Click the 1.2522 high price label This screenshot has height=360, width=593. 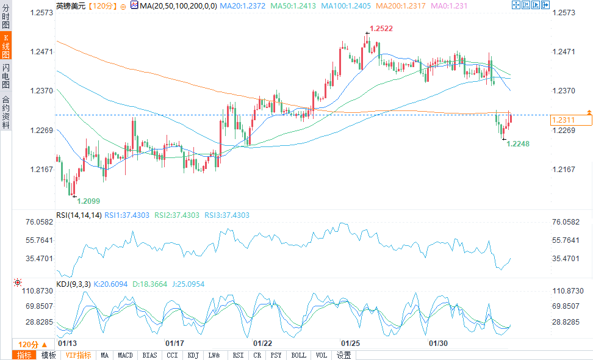point(381,29)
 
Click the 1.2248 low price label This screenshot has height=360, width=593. point(518,143)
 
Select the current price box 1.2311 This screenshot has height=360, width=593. point(570,120)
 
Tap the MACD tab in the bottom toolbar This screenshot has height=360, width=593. point(125,355)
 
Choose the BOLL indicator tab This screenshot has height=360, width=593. point(298,355)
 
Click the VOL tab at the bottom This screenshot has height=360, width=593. point(322,355)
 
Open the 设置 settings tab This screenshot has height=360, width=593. point(344,355)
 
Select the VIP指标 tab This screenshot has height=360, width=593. point(79,355)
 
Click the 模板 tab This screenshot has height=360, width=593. point(48,355)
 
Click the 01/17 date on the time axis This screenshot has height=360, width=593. point(175,344)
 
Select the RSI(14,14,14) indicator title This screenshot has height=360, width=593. point(79,215)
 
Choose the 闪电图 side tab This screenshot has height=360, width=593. point(5,76)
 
